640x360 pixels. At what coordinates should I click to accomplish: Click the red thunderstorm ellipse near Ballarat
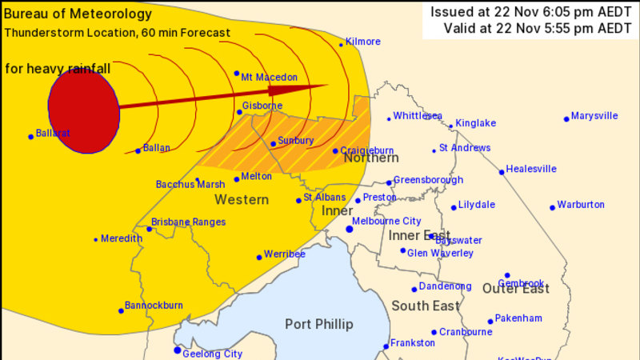coord(83,111)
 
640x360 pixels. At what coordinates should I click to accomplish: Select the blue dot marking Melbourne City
coord(350,230)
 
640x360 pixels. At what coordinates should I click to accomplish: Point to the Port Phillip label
coord(318,324)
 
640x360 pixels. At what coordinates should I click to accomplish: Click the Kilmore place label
coord(363,40)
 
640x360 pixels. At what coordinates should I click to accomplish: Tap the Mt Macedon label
coord(270,77)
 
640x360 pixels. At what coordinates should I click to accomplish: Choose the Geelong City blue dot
coord(178,350)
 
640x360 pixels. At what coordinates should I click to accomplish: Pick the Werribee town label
coord(286,254)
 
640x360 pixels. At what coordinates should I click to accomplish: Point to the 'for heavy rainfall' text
coord(57,69)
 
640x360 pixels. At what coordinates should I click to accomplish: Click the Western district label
coord(241,199)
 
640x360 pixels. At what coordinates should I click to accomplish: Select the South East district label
coord(426,306)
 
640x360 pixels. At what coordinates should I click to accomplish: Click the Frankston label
coord(414,342)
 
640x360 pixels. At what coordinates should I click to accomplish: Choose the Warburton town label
coord(581,205)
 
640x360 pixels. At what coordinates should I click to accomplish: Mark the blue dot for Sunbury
coord(273,145)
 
